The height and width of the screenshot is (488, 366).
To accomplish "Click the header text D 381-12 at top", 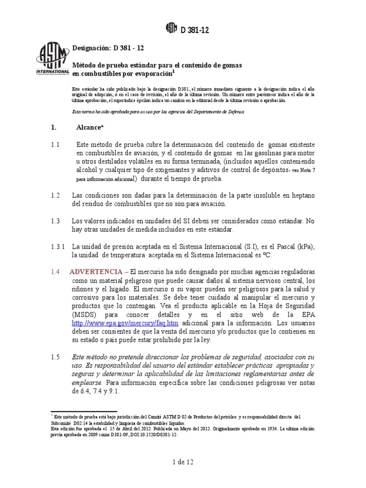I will click(x=194, y=30).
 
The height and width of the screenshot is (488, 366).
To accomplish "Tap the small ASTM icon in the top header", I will click(x=171, y=30).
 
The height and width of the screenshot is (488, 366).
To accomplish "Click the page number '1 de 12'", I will click(x=183, y=462).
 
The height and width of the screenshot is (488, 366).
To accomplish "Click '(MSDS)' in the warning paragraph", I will click(x=86, y=315).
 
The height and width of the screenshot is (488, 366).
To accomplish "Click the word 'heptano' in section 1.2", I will click(x=301, y=195).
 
